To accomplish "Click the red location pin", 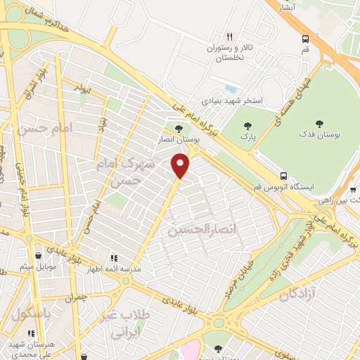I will (x=180, y=165).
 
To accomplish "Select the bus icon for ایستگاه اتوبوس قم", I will (x=283, y=176).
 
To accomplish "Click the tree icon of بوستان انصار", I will (x=178, y=129).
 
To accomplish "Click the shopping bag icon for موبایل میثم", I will (x=38, y=255).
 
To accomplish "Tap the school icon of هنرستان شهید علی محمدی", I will (x=31, y=333).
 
